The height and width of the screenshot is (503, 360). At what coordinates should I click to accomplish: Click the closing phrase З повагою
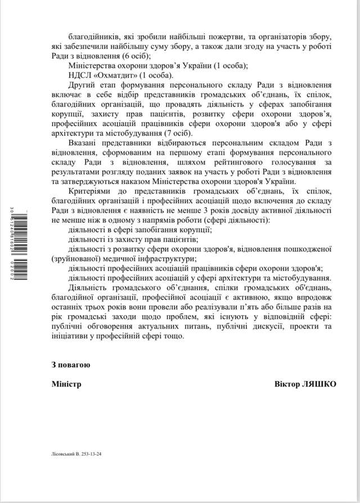tap(70, 364)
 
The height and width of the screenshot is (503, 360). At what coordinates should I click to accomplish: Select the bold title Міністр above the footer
tap(65, 384)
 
